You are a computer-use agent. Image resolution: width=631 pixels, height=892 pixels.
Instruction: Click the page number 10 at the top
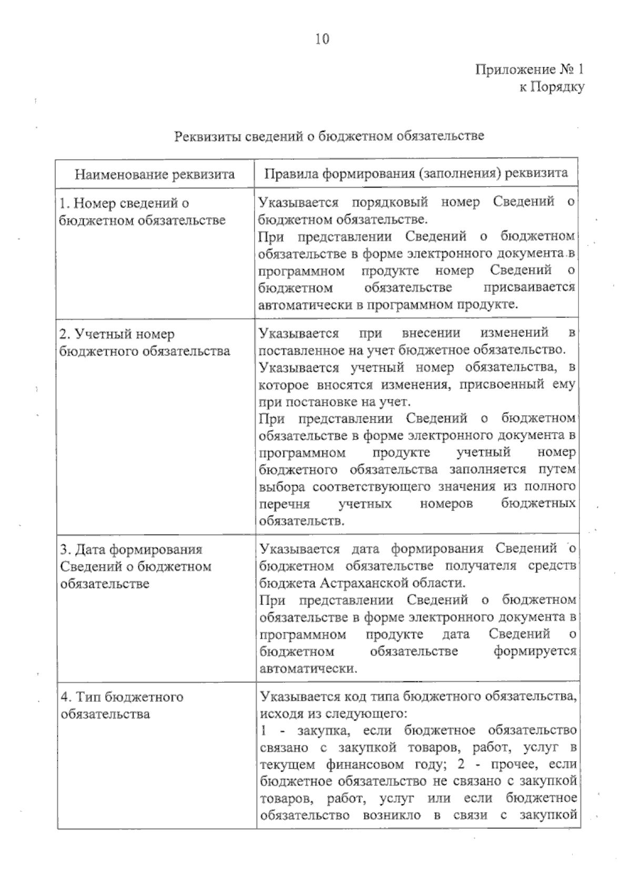pos(322,39)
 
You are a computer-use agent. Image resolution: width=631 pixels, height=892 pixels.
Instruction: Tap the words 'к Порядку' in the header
pos(552,87)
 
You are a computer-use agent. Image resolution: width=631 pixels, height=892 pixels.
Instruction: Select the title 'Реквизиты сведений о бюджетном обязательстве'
pos(329,136)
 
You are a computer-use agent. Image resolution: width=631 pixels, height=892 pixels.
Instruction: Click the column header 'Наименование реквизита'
pos(155,174)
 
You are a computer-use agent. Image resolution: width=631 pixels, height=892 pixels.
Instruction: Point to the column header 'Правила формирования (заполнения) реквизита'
pos(416,173)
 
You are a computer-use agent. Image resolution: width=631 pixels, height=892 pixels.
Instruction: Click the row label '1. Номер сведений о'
pos(124,203)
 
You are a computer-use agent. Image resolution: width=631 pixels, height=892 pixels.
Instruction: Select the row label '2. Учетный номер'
pos(117,334)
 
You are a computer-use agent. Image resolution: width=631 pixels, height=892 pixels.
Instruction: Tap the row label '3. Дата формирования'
pos(131,549)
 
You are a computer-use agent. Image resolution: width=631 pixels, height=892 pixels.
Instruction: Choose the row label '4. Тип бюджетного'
pos(122,697)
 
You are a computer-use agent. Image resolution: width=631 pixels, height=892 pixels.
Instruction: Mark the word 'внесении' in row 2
pos(431,333)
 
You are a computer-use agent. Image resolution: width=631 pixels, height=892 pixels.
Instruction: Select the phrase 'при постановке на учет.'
pos(333,402)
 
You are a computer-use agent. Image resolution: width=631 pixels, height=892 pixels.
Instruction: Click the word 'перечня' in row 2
pos(284,504)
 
